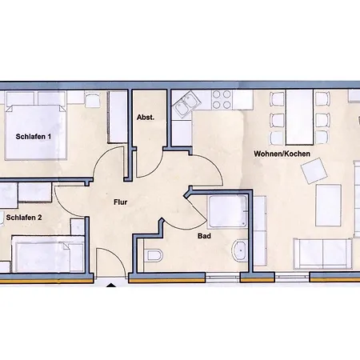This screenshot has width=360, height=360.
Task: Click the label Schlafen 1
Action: point(34,137)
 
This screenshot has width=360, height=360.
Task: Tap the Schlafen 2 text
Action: point(24,218)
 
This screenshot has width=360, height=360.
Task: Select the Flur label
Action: point(121,202)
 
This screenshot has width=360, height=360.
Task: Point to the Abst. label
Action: point(146,118)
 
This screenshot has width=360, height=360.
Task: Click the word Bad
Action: point(204,236)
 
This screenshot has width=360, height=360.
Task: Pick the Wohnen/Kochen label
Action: point(282,154)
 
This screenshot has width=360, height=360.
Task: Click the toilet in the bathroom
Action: point(154,255)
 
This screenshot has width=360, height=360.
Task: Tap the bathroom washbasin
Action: point(240,250)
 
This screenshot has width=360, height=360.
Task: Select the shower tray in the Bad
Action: point(227,211)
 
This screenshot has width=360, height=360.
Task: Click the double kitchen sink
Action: point(185,105)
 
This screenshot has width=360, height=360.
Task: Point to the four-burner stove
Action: point(222,99)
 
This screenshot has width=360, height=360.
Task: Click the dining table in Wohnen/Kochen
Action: point(299,118)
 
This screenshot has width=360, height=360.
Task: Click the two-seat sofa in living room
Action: point(323,254)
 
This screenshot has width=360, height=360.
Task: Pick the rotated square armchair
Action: point(314,171)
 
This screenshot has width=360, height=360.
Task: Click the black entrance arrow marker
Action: point(111,286)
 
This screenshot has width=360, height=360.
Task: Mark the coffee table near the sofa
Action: point(328,205)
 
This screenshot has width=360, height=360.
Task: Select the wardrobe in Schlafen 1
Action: point(118,118)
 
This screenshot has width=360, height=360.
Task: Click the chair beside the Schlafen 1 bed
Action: point(92,99)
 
